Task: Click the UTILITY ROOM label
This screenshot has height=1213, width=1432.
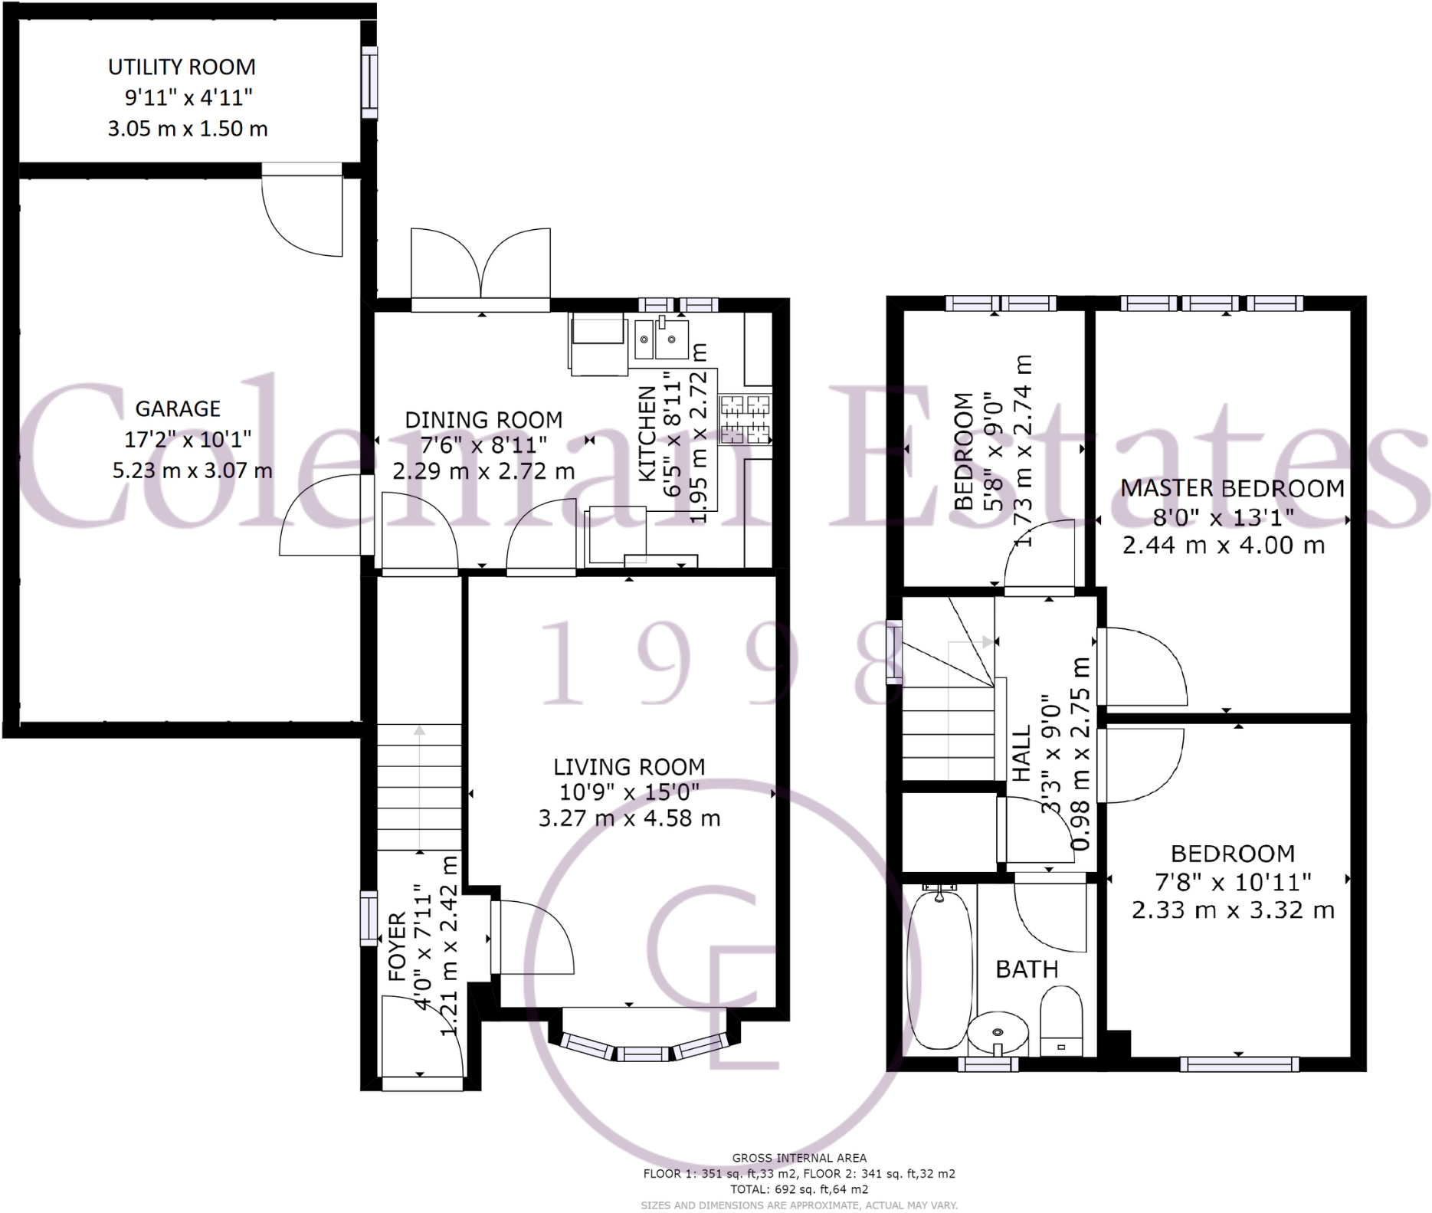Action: (182, 67)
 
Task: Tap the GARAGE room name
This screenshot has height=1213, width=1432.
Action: (178, 409)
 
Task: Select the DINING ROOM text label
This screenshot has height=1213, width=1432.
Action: (483, 420)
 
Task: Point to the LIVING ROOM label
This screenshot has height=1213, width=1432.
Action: (629, 767)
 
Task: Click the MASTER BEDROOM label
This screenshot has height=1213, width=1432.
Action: (1232, 488)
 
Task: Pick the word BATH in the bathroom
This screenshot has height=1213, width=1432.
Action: (1027, 969)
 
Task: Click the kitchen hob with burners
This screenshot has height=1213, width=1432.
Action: (745, 419)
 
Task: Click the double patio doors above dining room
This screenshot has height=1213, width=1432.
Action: (480, 268)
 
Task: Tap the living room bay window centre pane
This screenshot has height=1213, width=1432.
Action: (644, 1055)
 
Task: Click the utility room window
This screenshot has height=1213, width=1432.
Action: (369, 82)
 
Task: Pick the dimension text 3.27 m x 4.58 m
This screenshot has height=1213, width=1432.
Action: (629, 818)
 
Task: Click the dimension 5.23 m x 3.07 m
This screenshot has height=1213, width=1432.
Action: (192, 470)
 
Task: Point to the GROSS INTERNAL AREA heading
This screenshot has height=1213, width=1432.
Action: (798, 1158)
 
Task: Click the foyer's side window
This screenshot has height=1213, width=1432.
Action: (369, 918)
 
